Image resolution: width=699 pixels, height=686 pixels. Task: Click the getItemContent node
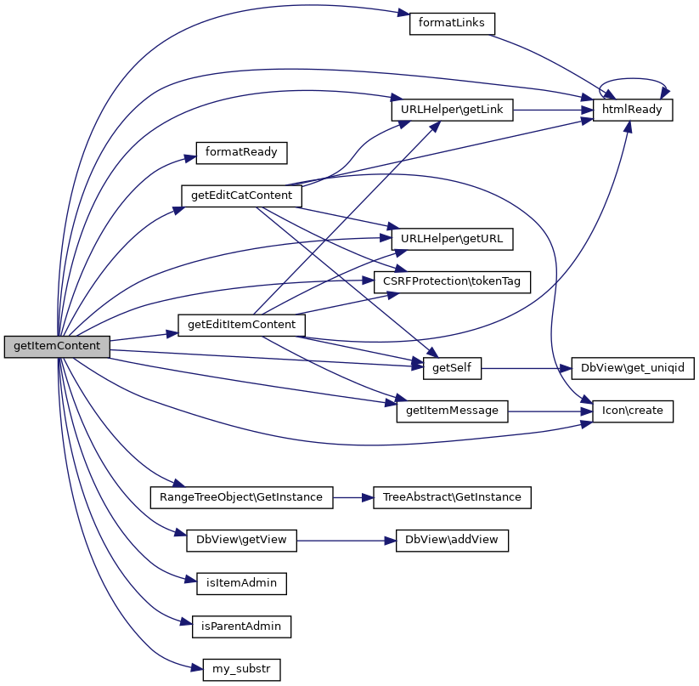57,347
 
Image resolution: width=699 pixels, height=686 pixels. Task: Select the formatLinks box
451,23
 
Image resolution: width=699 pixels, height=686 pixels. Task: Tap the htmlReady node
633,111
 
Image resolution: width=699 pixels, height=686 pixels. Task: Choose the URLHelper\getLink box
451,111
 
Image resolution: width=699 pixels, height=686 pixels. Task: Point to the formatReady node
242,153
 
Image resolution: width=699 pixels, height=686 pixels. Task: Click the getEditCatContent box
242,196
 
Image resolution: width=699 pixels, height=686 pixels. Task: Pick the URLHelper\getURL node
452,239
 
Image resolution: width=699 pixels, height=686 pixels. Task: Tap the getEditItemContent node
241,325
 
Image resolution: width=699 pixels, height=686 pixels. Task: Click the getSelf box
452,368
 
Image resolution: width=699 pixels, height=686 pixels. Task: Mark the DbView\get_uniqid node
633,368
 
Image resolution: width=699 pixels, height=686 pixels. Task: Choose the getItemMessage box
452,411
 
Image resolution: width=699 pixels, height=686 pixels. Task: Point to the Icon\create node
633,411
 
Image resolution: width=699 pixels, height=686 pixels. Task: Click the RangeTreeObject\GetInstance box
241,497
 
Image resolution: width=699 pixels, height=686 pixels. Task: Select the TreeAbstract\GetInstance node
452,497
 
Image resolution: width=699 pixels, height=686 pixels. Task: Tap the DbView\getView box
241,541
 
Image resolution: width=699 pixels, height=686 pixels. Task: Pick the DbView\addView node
452,541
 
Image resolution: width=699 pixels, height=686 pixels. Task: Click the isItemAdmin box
241,583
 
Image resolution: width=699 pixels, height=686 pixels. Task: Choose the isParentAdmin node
241,626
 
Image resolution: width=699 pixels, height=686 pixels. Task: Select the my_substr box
241,670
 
